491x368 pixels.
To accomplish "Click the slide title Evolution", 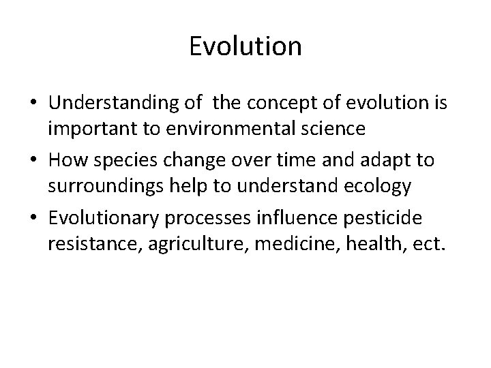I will coord(245,46).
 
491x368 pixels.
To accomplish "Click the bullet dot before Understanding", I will coord(33,104).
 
